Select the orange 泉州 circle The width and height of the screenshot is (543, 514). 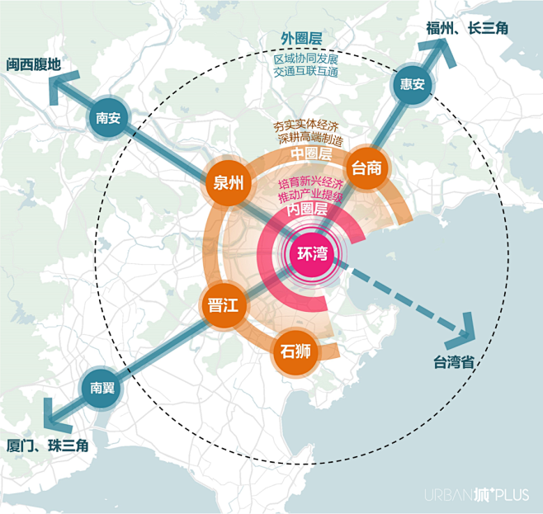229,184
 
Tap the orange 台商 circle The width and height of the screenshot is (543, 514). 366,168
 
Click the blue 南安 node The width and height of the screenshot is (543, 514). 108,118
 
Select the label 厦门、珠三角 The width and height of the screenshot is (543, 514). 47,446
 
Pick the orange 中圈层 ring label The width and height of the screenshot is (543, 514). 310,154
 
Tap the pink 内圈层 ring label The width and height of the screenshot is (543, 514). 307,210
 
